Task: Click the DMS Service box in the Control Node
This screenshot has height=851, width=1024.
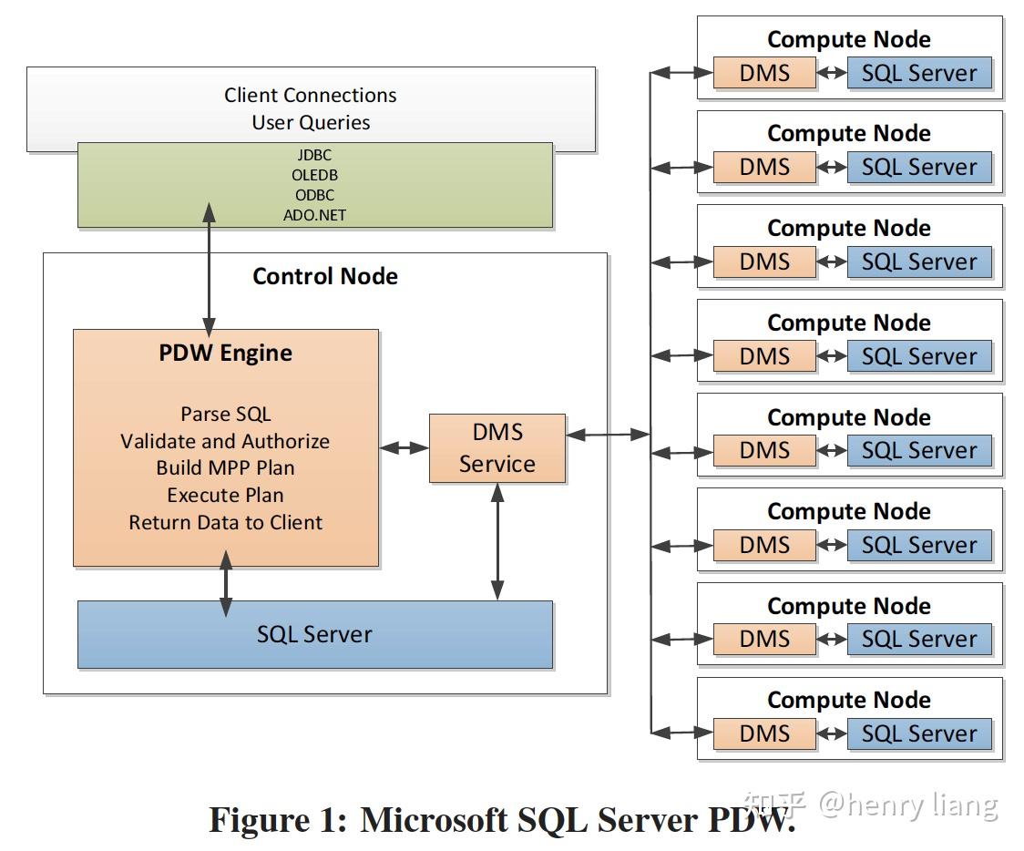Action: pyautogui.click(x=497, y=448)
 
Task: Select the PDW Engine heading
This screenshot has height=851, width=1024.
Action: pyautogui.click(x=225, y=354)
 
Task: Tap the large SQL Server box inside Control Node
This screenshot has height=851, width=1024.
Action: pyautogui.click(x=314, y=634)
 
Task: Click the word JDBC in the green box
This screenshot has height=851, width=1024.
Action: pyautogui.click(x=314, y=155)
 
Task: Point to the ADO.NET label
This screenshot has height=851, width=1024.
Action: pyautogui.click(x=314, y=216)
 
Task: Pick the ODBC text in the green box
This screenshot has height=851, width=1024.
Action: pyautogui.click(x=314, y=195)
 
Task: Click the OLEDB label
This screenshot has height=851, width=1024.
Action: pyautogui.click(x=314, y=175)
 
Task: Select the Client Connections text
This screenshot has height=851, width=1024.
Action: pyautogui.click(x=311, y=95)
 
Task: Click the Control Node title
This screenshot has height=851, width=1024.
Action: pyautogui.click(x=324, y=276)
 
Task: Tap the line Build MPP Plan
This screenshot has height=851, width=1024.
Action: pyautogui.click(x=225, y=468)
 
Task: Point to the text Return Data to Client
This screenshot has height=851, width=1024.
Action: pyautogui.click(x=225, y=522)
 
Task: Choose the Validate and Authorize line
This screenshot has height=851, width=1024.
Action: pyautogui.click(x=225, y=441)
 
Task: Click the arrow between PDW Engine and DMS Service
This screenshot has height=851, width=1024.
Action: pyautogui.click(x=404, y=447)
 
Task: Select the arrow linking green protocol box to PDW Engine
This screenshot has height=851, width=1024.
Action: pyautogui.click(x=210, y=269)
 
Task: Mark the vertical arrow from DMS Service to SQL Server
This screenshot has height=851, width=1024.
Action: pyautogui.click(x=497, y=541)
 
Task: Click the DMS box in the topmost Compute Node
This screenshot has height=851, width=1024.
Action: pyautogui.click(x=764, y=73)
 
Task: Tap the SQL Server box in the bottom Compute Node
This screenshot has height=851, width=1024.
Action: pyautogui.click(x=918, y=733)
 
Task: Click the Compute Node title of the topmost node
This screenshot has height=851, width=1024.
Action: pyautogui.click(x=848, y=39)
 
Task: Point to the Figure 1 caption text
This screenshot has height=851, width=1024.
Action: pyautogui.click(x=501, y=819)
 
